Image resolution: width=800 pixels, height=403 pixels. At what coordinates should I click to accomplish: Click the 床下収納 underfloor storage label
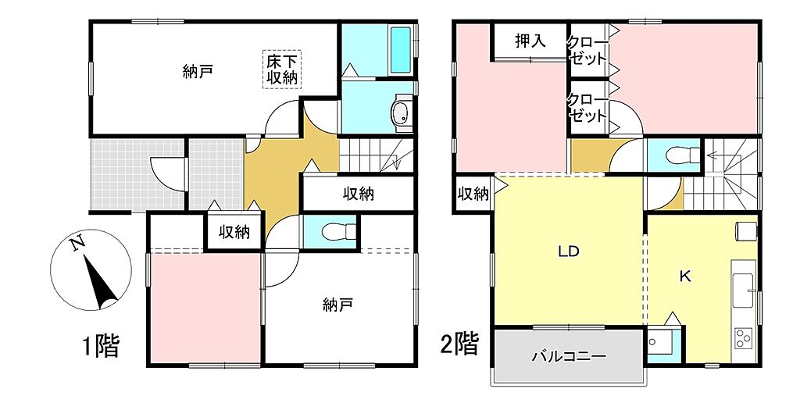[x=282, y=70]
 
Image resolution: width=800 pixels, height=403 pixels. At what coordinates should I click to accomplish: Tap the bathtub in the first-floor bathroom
[x=401, y=49]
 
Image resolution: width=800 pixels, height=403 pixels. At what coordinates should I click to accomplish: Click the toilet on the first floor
[x=339, y=232]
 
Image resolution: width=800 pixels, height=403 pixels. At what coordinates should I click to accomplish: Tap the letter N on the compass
[x=77, y=245]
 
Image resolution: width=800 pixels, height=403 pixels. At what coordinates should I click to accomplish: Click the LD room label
[x=569, y=251]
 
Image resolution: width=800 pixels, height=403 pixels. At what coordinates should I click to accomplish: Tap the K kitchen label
[x=684, y=276]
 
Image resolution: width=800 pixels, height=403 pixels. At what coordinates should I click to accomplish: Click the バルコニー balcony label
[x=570, y=355]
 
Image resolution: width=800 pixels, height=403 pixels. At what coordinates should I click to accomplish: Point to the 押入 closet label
[x=530, y=41]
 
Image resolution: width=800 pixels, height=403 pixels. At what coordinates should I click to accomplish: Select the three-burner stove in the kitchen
[x=743, y=337]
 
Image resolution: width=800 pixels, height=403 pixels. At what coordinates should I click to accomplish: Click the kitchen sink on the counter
[x=744, y=291]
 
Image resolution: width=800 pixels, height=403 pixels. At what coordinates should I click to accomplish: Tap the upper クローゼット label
[x=587, y=51]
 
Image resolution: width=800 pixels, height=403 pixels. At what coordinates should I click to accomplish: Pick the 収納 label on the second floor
[x=473, y=194]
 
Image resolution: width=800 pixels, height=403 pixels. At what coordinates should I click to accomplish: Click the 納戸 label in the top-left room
[x=198, y=71]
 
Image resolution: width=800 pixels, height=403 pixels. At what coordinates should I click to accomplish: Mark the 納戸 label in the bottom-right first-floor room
[x=337, y=305]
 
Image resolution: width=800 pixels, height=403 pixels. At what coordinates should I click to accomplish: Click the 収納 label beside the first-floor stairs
[x=359, y=194]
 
